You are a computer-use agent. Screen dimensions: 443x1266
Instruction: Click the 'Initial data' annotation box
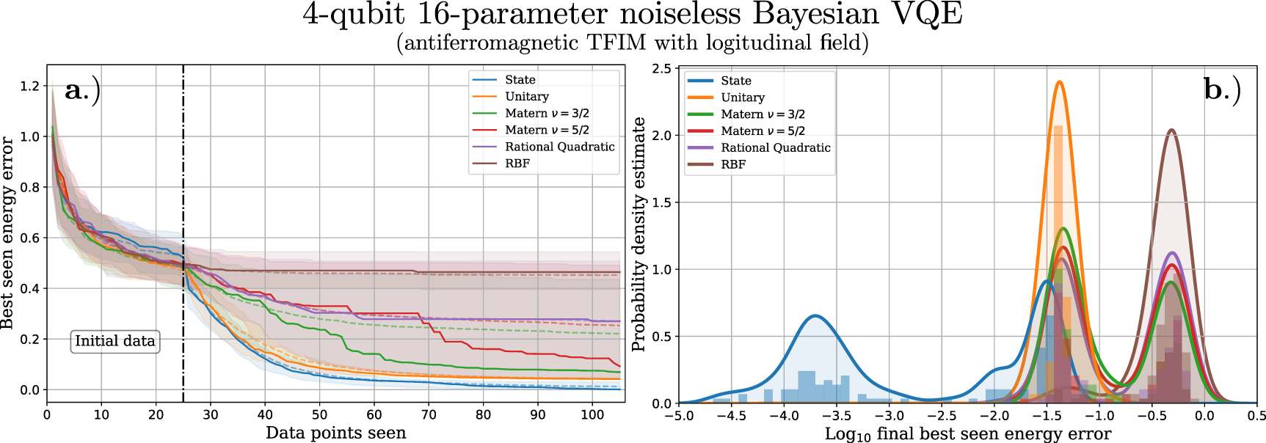coord(115,341)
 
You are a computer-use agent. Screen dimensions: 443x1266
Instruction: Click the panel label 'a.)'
coord(82,90)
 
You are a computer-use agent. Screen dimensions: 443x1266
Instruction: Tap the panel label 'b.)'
coord(1222,90)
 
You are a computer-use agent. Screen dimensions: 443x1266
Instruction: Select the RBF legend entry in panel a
coord(517,164)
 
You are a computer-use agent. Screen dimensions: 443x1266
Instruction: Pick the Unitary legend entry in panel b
coord(742,98)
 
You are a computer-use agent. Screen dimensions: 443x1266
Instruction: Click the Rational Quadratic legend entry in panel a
coord(559,147)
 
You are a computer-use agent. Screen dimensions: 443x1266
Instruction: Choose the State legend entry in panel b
coord(735,81)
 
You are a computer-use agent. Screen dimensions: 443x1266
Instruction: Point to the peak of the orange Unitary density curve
coord(1059,81)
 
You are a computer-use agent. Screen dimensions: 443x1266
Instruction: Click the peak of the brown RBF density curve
coord(1171,131)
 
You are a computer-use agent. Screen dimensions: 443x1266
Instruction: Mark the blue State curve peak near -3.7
coord(815,316)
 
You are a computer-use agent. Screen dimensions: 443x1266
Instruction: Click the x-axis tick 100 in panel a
coord(592,415)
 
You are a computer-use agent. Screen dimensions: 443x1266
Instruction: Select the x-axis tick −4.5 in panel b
coord(731,416)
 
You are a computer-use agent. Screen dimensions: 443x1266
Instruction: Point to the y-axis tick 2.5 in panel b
coord(661,68)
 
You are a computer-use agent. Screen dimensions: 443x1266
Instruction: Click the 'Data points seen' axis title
coord(335,433)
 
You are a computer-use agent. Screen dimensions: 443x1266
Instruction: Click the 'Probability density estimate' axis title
coord(639,235)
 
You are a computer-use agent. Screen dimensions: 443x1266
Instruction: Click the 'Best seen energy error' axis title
coord(8,233)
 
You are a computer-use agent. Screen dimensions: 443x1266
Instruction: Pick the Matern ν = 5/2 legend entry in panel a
coord(547,130)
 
